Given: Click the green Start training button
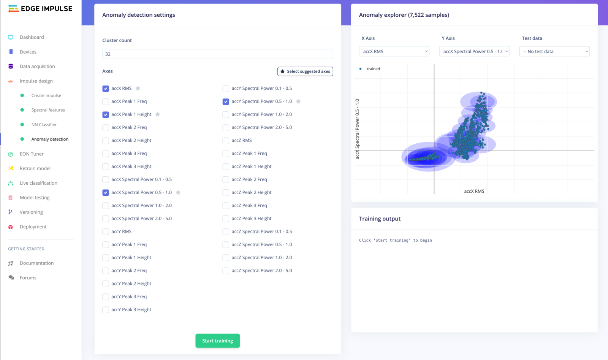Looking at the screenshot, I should (217, 341).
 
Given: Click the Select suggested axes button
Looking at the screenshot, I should (305, 71).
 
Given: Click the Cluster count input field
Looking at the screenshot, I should (217, 54).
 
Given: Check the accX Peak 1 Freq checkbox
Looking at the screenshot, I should (106, 101).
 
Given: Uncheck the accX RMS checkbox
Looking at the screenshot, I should (106, 89).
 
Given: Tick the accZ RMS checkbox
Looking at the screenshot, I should (226, 141).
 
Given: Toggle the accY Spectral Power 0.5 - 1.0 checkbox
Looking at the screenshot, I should (226, 101).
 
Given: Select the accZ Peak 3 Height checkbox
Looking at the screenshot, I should (226, 219).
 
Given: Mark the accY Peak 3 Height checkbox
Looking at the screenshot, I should (106, 310).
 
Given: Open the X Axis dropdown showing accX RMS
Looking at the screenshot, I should (394, 51).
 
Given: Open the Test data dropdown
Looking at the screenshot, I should (554, 51).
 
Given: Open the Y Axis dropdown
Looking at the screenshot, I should (474, 51).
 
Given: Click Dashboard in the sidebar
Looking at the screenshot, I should (32, 37).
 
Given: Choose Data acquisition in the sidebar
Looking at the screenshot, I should (37, 66).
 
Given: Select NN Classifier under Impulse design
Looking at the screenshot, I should (44, 125).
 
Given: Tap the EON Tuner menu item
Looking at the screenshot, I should (32, 154).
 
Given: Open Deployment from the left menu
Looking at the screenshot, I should (33, 227).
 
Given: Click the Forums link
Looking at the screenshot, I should (28, 278).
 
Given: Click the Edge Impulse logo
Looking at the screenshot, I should (40, 8).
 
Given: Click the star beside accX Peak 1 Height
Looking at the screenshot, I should (158, 114).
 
